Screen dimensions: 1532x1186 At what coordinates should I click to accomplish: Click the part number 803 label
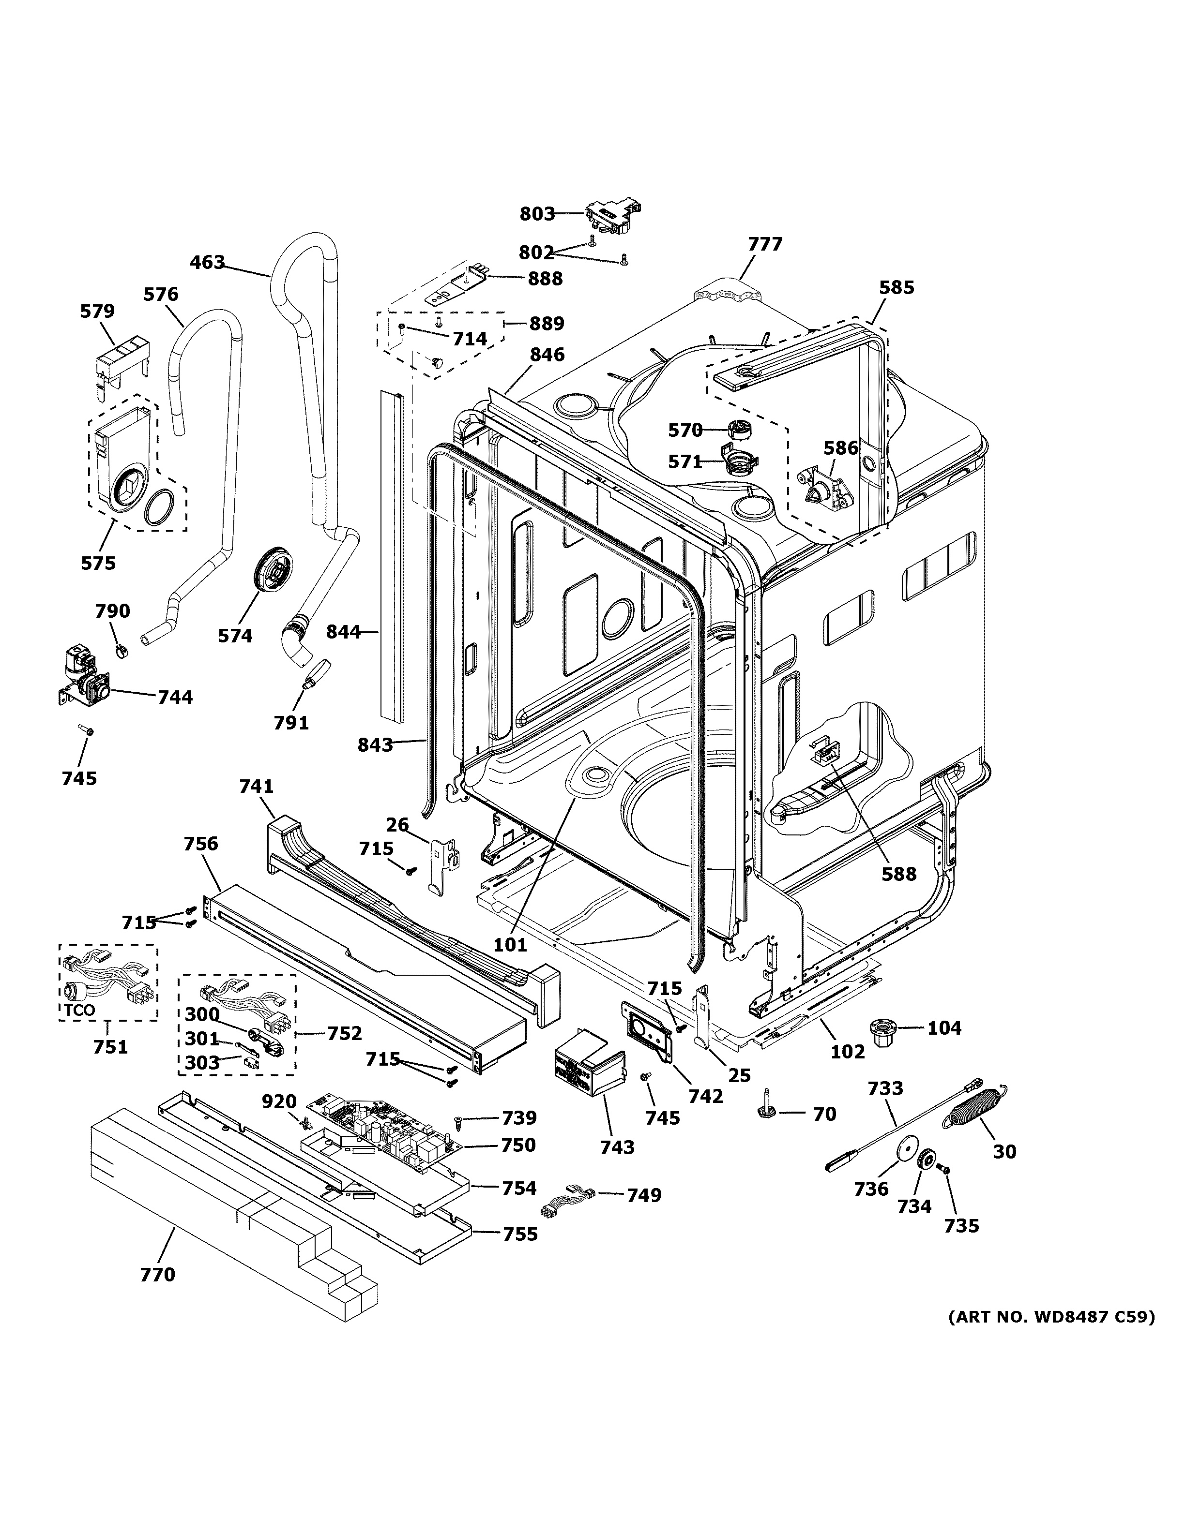click(537, 214)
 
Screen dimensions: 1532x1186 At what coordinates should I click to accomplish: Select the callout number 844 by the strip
click(343, 632)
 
